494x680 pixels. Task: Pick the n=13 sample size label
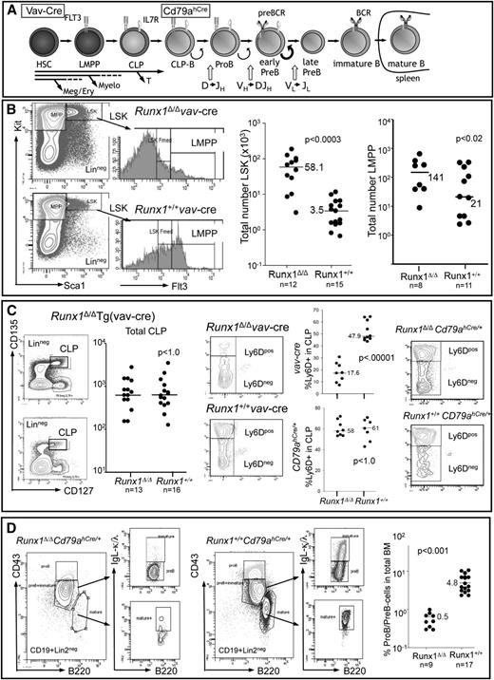tap(127, 500)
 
